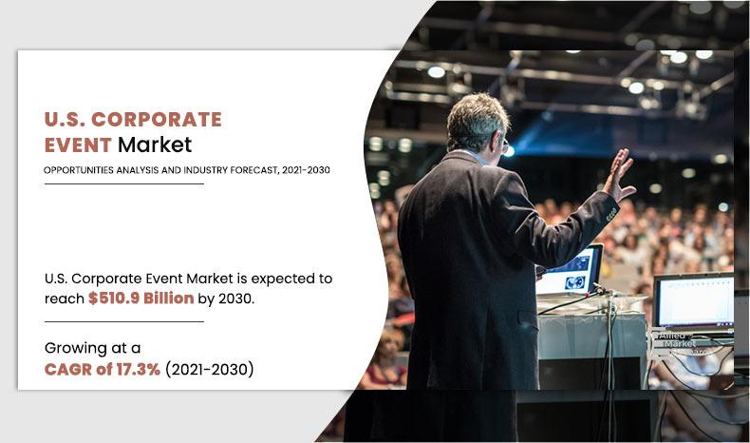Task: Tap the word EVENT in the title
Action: pos(77,145)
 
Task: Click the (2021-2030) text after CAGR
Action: pos(210,370)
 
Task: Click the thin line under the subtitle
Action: pos(123,183)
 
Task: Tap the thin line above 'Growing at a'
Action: pos(123,321)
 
